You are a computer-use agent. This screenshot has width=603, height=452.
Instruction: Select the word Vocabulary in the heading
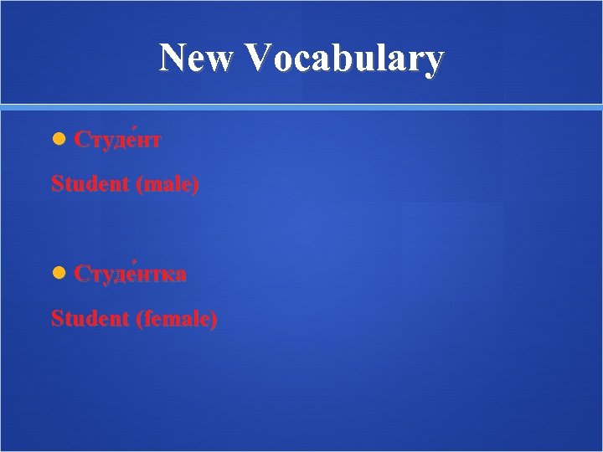[x=345, y=60]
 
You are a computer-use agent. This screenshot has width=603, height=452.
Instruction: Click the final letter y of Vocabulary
[x=433, y=64]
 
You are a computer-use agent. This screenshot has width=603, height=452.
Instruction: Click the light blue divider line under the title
[x=301, y=107]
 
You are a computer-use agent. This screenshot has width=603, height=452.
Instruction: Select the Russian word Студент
[x=117, y=140]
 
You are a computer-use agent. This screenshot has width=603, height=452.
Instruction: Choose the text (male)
[x=167, y=184]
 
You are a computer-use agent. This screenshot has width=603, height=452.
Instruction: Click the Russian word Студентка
[x=130, y=275]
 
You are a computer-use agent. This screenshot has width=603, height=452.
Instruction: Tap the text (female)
[x=177, y=318]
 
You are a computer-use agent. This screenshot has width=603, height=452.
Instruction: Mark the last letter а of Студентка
[x=180, y=275]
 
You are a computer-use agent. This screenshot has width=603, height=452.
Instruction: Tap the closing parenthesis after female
[x=214, y=319]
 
